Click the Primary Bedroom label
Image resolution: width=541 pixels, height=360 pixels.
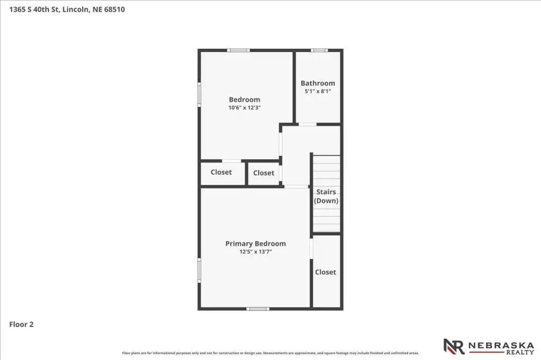click(x=255, y=243)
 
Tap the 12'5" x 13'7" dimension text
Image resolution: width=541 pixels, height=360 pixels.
click(x=255, y=252)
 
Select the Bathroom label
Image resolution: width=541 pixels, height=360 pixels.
click(x=318, y=83)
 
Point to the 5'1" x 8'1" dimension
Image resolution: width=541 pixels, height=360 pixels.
click(x=318, y=91)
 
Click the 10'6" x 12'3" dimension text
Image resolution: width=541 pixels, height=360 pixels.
click(x=244, y=108)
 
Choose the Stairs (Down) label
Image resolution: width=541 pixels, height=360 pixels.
click(x=326, y=196)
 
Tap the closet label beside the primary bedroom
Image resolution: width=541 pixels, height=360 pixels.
click(x=325, y=272)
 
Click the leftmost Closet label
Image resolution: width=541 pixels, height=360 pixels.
click(x=221, y=172)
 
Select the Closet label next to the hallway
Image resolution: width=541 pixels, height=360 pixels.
click(x=264, y=173)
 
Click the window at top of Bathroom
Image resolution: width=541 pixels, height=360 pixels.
click(x=319, y=50)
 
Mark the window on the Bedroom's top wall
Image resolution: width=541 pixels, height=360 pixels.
click(x=238, y=50)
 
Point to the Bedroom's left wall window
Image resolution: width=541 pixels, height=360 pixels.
click(x=199, y=94)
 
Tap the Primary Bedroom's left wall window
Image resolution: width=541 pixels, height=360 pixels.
click(x=199, y=271)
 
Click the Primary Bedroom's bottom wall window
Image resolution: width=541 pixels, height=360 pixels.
click(x=258, y=309)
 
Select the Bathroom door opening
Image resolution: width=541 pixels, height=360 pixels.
click(x=307, y=124)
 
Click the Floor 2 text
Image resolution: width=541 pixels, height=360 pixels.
click(x=21, y=325)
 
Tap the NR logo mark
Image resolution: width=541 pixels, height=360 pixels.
click(x=454, y=347)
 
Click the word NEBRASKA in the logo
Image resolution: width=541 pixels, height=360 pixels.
click(x=501, y=345)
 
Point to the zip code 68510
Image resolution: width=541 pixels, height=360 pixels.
click(x=115, y=10)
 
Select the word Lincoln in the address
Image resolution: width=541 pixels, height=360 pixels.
click(x=76, y=10)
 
